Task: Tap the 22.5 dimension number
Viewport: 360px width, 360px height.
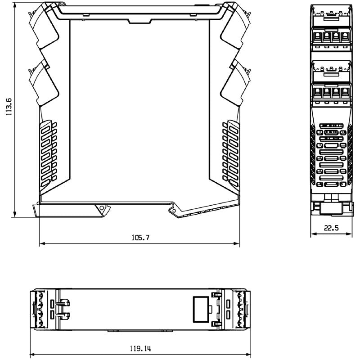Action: click(331, 228)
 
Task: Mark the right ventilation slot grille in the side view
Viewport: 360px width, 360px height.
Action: click(230, 153)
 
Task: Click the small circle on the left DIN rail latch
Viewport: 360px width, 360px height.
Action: click(102, 208)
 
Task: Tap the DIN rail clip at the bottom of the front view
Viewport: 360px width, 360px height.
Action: click(332, 208)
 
